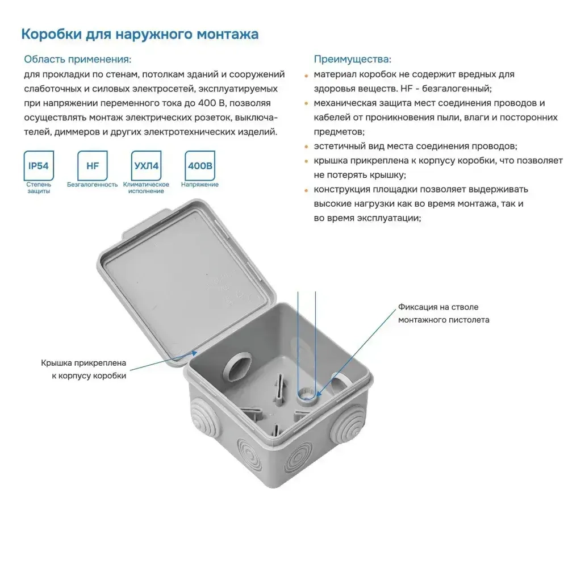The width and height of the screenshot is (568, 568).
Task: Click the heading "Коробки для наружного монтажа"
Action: pos(140,35)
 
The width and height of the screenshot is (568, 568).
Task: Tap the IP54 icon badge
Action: pos(39,166)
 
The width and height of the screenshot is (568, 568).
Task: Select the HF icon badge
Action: pos(92,166)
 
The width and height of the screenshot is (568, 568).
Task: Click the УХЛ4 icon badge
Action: pos(146,166)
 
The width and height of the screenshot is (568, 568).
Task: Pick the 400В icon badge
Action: pos(200,166)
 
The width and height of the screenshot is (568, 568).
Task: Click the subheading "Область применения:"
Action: pos(77,60)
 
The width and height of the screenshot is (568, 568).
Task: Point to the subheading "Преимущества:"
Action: pos(352,60)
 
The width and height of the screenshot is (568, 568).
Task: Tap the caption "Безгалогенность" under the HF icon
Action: pos(92,185)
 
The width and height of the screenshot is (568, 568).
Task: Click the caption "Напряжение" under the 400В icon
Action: pos(200,185)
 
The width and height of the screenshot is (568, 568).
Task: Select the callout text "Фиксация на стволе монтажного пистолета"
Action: pos(443,314)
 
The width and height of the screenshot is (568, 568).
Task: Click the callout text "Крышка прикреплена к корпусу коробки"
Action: pos(83,369)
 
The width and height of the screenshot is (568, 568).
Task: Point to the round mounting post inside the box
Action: pos(307,393)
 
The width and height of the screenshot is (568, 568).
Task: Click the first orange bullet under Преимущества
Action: pos(307,75)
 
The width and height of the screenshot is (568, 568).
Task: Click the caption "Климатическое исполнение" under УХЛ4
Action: pos(146,188)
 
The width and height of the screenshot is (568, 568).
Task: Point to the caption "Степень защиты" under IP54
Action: pos(39,188)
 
